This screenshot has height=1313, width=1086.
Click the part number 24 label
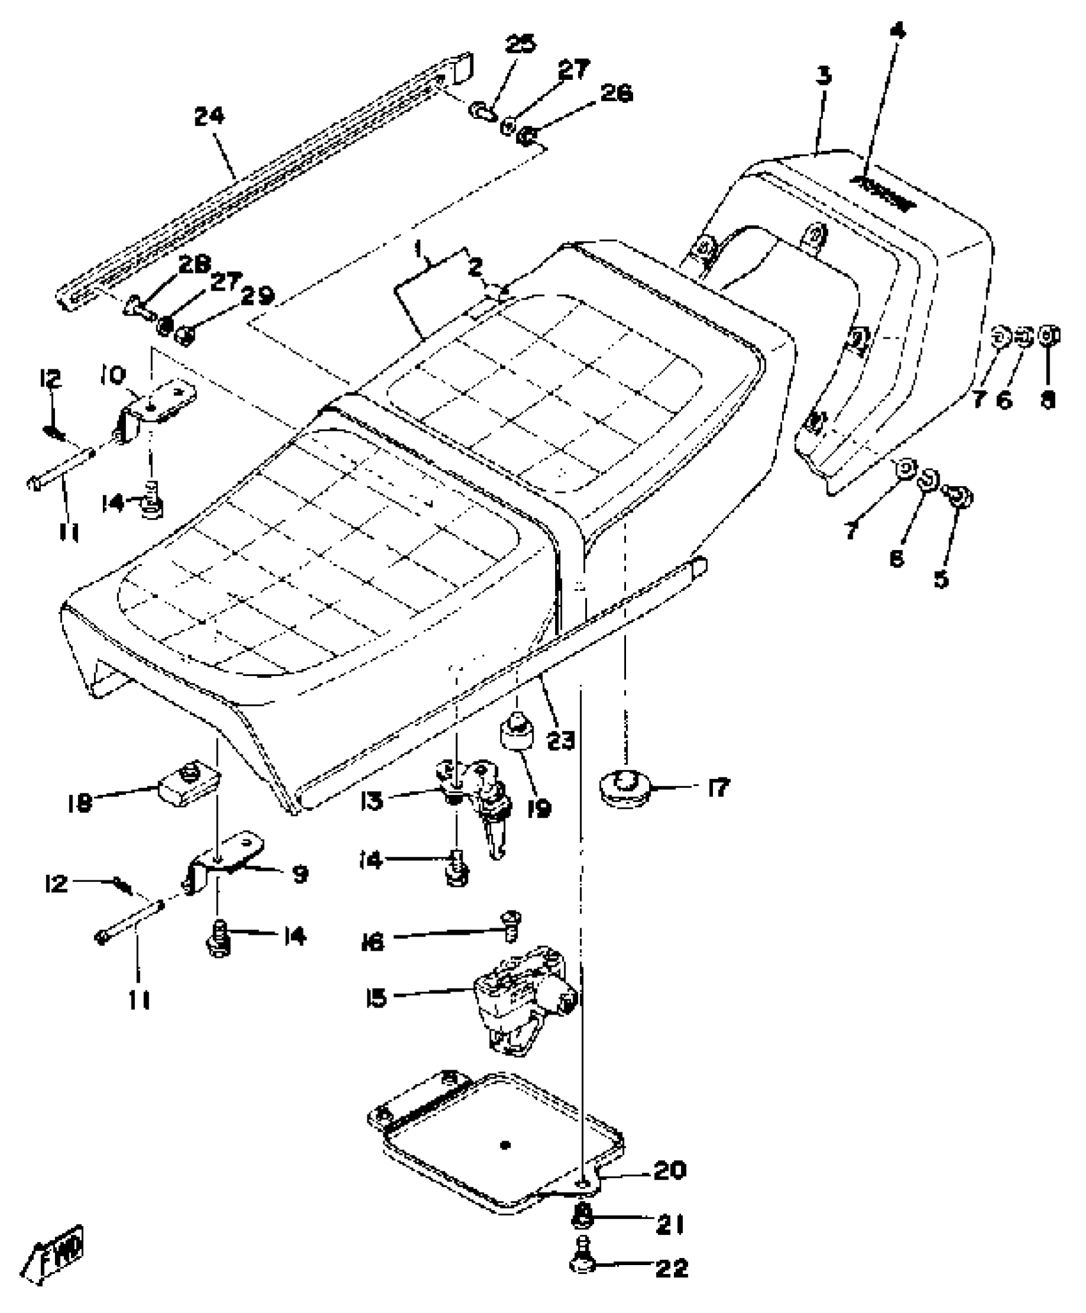pyautogui.click(x=210, y=116)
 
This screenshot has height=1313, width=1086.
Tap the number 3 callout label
pyautogui.click(x=824, y=76)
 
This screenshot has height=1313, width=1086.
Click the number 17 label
pyautogui.click(x=718, y=788)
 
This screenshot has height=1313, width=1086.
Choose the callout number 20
pyautogui.click(x=669, y=1169)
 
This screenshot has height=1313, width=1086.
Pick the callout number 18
pyautogui.click(x=80, y=802)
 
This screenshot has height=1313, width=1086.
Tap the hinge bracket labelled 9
pyautogui.click(x=224, y=856)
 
